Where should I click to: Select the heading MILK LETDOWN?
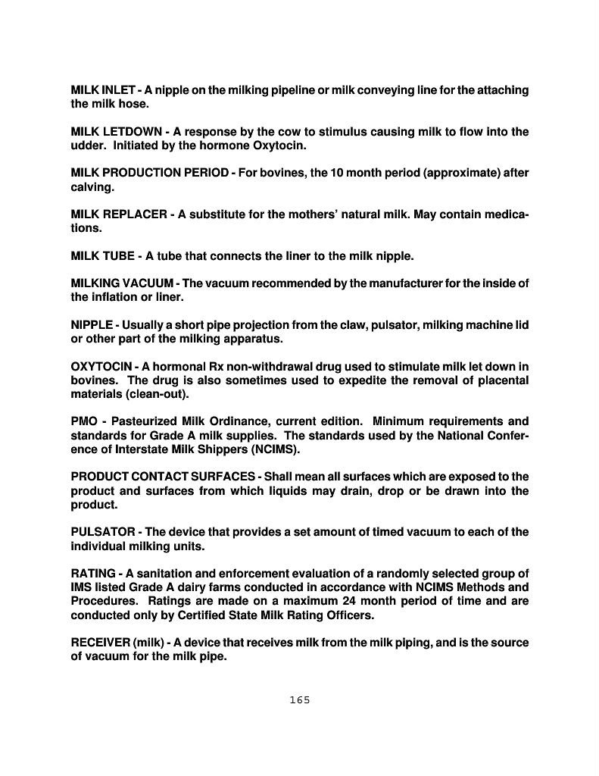tap(114, 132)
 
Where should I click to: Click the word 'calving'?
tap(89, 186)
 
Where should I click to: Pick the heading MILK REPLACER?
tap(119, 214)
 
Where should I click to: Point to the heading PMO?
tap(84, 421)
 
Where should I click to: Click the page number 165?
tap(300, 699)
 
